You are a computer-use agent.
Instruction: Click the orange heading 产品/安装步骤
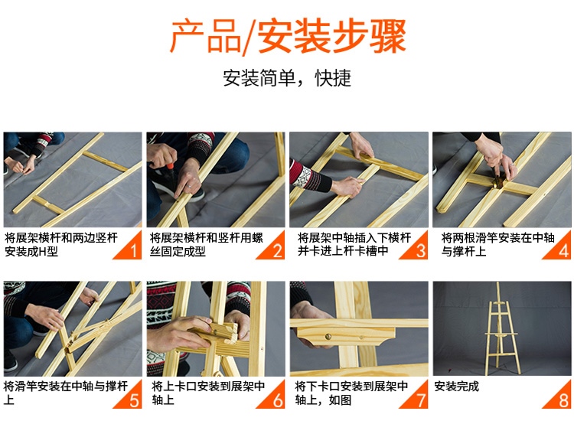[288, 36]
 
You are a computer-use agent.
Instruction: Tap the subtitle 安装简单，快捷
[287, 77]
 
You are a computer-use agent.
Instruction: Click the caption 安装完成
[456, 387]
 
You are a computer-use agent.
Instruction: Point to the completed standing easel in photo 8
[501, 328]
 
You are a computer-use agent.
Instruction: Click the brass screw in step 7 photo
[328, 336]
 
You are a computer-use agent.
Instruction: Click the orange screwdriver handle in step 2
[170, 167]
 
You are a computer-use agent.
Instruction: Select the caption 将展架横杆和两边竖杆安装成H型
[61, 245]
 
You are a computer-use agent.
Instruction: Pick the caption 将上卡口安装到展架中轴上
[208, 393]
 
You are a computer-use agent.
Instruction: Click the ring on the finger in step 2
[189, 186]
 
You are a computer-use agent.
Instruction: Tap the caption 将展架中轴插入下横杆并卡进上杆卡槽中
[354, 245]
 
